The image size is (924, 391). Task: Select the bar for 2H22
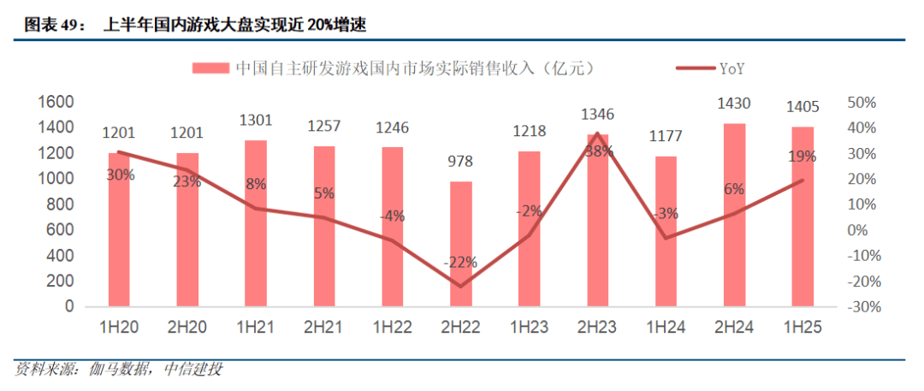click(x=461, y=244)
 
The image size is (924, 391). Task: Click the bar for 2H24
click(x=734, y=215)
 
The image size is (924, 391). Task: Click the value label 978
click(x=460, y=162)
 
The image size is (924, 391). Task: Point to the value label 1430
click(x=734, y=104)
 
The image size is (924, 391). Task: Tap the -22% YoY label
click(x=460, y=262)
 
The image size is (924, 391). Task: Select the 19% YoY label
click(x=803, y=157)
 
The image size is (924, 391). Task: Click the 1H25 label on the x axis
click(x=803, y=329)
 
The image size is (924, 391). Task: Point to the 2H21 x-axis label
click(x=324, y=329)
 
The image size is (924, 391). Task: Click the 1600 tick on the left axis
click(x=59, y=102)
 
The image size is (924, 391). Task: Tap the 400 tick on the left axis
click(x=63, y=256)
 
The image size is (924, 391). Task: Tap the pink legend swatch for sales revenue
click(x=210, y=67)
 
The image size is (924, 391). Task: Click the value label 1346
click(x=597, y=114)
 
